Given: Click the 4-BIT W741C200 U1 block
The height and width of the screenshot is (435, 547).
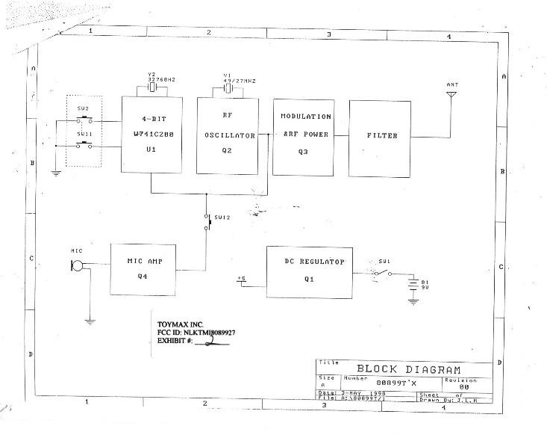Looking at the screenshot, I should (x=151, y=136).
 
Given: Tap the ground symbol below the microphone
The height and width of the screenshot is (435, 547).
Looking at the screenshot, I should (x=90, y=321).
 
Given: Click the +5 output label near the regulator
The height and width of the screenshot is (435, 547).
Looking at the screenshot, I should (x=241, y=278).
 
